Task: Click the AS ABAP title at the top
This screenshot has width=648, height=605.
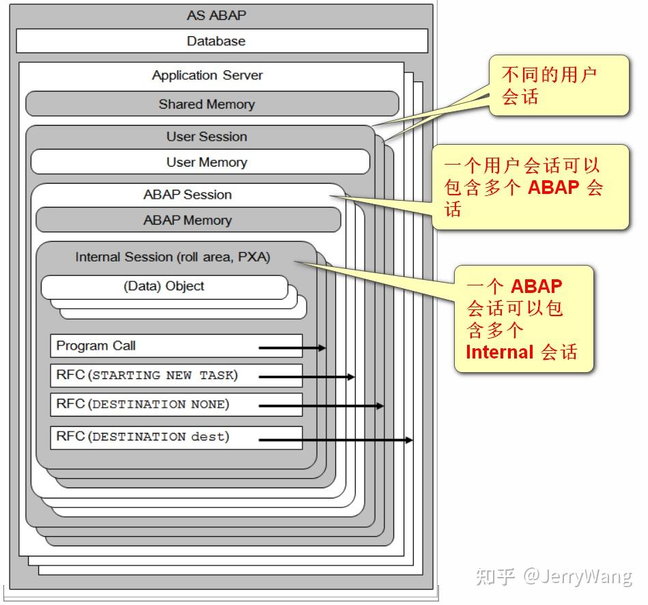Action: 216,15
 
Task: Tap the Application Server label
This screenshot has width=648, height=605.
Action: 207,75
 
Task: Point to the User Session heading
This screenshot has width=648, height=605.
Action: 206,137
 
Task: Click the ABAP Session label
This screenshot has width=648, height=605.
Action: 187,195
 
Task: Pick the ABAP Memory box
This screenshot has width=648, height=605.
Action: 188,220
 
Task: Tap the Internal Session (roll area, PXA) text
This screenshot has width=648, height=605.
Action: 172,257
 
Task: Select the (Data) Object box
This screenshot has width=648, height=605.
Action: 164,287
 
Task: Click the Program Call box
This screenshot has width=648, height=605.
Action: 176,346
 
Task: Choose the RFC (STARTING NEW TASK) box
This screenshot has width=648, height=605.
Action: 176,375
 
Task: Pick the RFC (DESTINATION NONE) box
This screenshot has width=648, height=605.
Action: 176,404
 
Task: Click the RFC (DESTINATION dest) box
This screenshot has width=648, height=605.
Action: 176,437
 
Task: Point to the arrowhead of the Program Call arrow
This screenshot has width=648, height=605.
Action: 322,348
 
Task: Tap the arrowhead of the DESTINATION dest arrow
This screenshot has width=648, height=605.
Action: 409,440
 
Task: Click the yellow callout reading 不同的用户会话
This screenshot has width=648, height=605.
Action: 558,85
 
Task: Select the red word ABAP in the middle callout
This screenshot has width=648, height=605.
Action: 554,188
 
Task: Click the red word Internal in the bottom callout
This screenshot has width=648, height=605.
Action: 499,352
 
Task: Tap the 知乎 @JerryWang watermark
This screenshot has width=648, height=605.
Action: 553,576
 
